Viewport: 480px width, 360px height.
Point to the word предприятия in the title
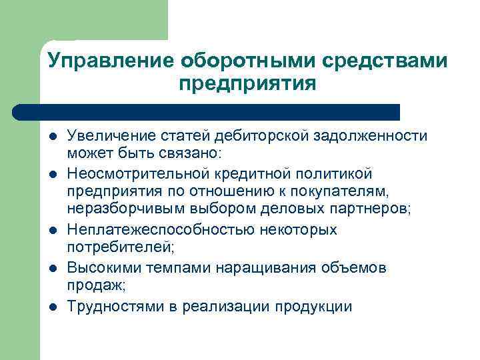pos(247,85)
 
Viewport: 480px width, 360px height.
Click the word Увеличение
pos(109,136)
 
